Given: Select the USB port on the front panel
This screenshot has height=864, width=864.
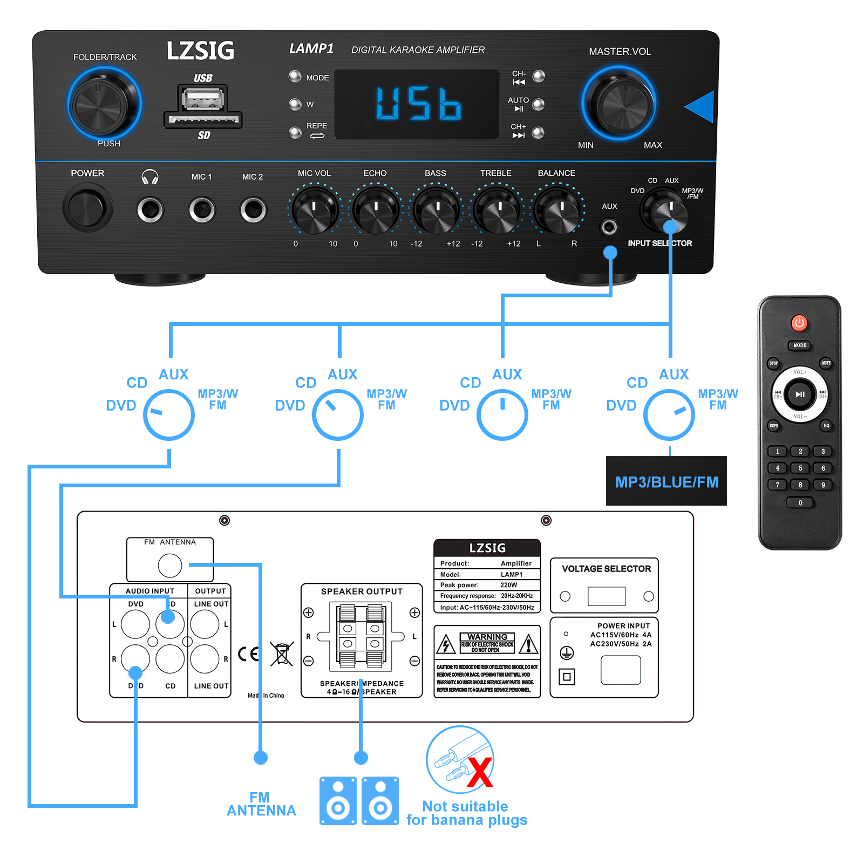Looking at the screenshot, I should click(203, 99).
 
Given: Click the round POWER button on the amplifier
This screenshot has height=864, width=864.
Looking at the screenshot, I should click(87, 208).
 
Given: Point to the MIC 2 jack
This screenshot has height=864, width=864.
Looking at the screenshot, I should click(253, 209).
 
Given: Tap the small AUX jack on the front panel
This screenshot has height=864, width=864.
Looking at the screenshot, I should click(609, 227).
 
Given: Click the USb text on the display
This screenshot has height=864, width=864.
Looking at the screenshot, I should click(418, 104).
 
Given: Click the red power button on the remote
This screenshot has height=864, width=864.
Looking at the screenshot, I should click(799, 323).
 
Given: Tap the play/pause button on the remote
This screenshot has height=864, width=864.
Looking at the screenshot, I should click(799, 394).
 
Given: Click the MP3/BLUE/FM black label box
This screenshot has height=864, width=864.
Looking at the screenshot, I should click(666, 481).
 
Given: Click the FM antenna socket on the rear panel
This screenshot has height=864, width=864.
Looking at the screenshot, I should click(170, 566).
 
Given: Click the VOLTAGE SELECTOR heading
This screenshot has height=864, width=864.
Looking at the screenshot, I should click(606, 569).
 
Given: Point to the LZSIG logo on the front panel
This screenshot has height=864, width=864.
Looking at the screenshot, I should click(200, 51).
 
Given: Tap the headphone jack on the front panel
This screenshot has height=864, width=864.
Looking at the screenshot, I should click(150, 209).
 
